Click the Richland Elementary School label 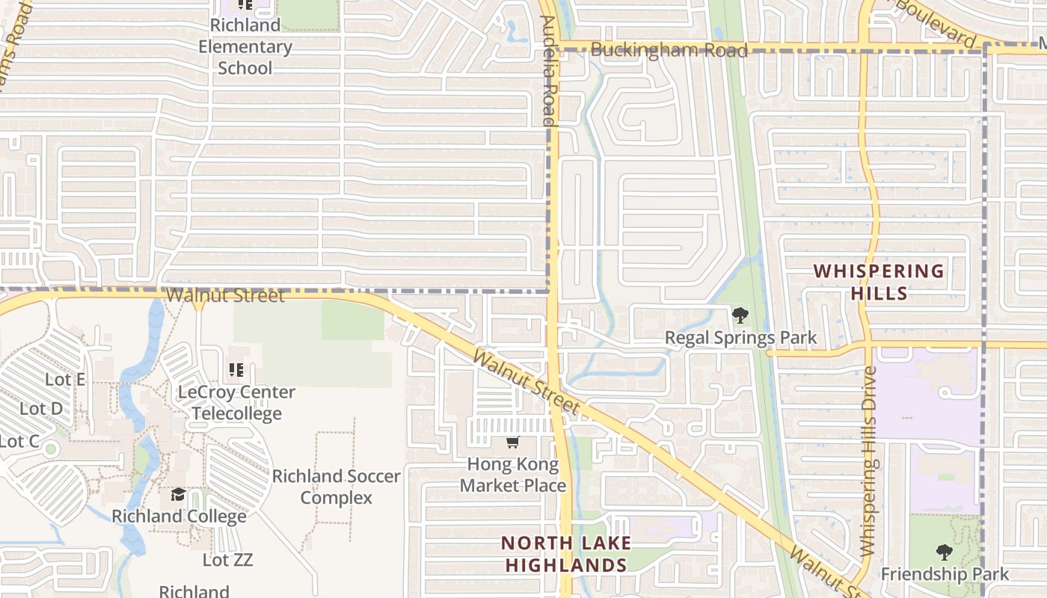pyautogui.click(x=245, y=46)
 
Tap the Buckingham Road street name pyautogui.click(x=669, y=50)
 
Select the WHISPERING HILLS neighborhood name pyautogui.click(x=879, y=282)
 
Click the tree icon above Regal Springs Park pyautogui.click(x=740, y=315)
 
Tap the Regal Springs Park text pyautogui.click(x=741, y=339)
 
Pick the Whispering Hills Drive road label pyautogui.click(x=868, y=460)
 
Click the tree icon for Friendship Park pyautogui.click(x=945, y=552)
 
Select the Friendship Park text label pyautogui.click(x=945, y=574)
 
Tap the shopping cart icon pyautogui.click(x=512, y=443)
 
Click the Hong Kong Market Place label pyautogui.click(x=513, y=475)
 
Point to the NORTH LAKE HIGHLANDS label pyautogui.click(x=566, y=554)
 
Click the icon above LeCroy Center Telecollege pyautogui.click(x=236, y=369)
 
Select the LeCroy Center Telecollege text pyautogui.click(x=236, y=402)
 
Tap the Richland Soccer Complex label pyautogui.click(x=336, y=487)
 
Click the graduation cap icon pyautogui.click(x=178, y=495)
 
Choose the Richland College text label pyautogui.click(x=179, y=516)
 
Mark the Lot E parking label pyautogui.click(x=65, y=379)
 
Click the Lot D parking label pyautogui.click(x=41, y=409)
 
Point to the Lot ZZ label pyautogui.click(x=227, y=559)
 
